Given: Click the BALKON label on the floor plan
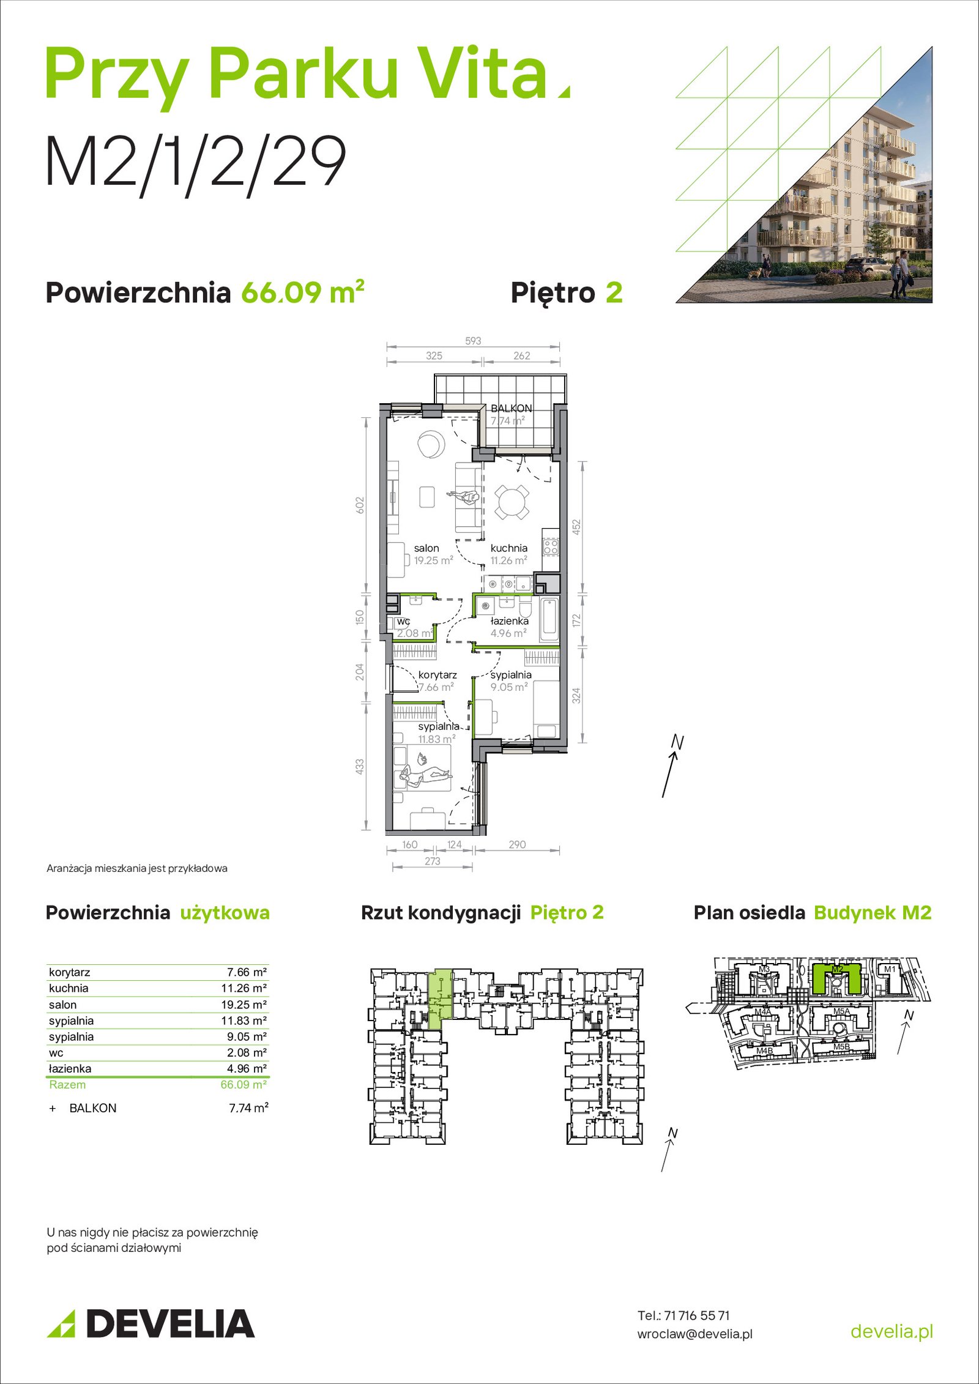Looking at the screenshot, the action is click(x=511, y=408).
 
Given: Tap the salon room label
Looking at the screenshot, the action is click(x=426, y=548).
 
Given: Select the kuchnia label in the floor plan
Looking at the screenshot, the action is click(x=508, y=548).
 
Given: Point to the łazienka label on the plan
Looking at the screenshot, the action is click(x=510, y=621).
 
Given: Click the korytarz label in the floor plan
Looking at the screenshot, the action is click(x=437, y=675).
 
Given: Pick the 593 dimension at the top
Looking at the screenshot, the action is click(x=473, y=341).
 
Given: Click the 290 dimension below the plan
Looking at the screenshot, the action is click(x=517, y=844).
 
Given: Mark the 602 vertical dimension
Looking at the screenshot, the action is click(x=360, y=505).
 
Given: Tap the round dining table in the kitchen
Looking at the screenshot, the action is click(x=512, y=502).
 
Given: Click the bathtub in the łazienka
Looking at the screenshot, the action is click(x=549, y=619).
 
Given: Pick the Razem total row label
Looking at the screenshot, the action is click(x=67, y=1085).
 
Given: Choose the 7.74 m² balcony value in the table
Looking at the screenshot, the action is click(x=248, y=1108).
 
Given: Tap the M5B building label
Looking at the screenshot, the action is click(x=841, y=1047).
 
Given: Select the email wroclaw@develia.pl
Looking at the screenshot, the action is click(x=695, y=1334).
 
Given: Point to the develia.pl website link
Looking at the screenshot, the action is click(x=892, y=1331).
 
